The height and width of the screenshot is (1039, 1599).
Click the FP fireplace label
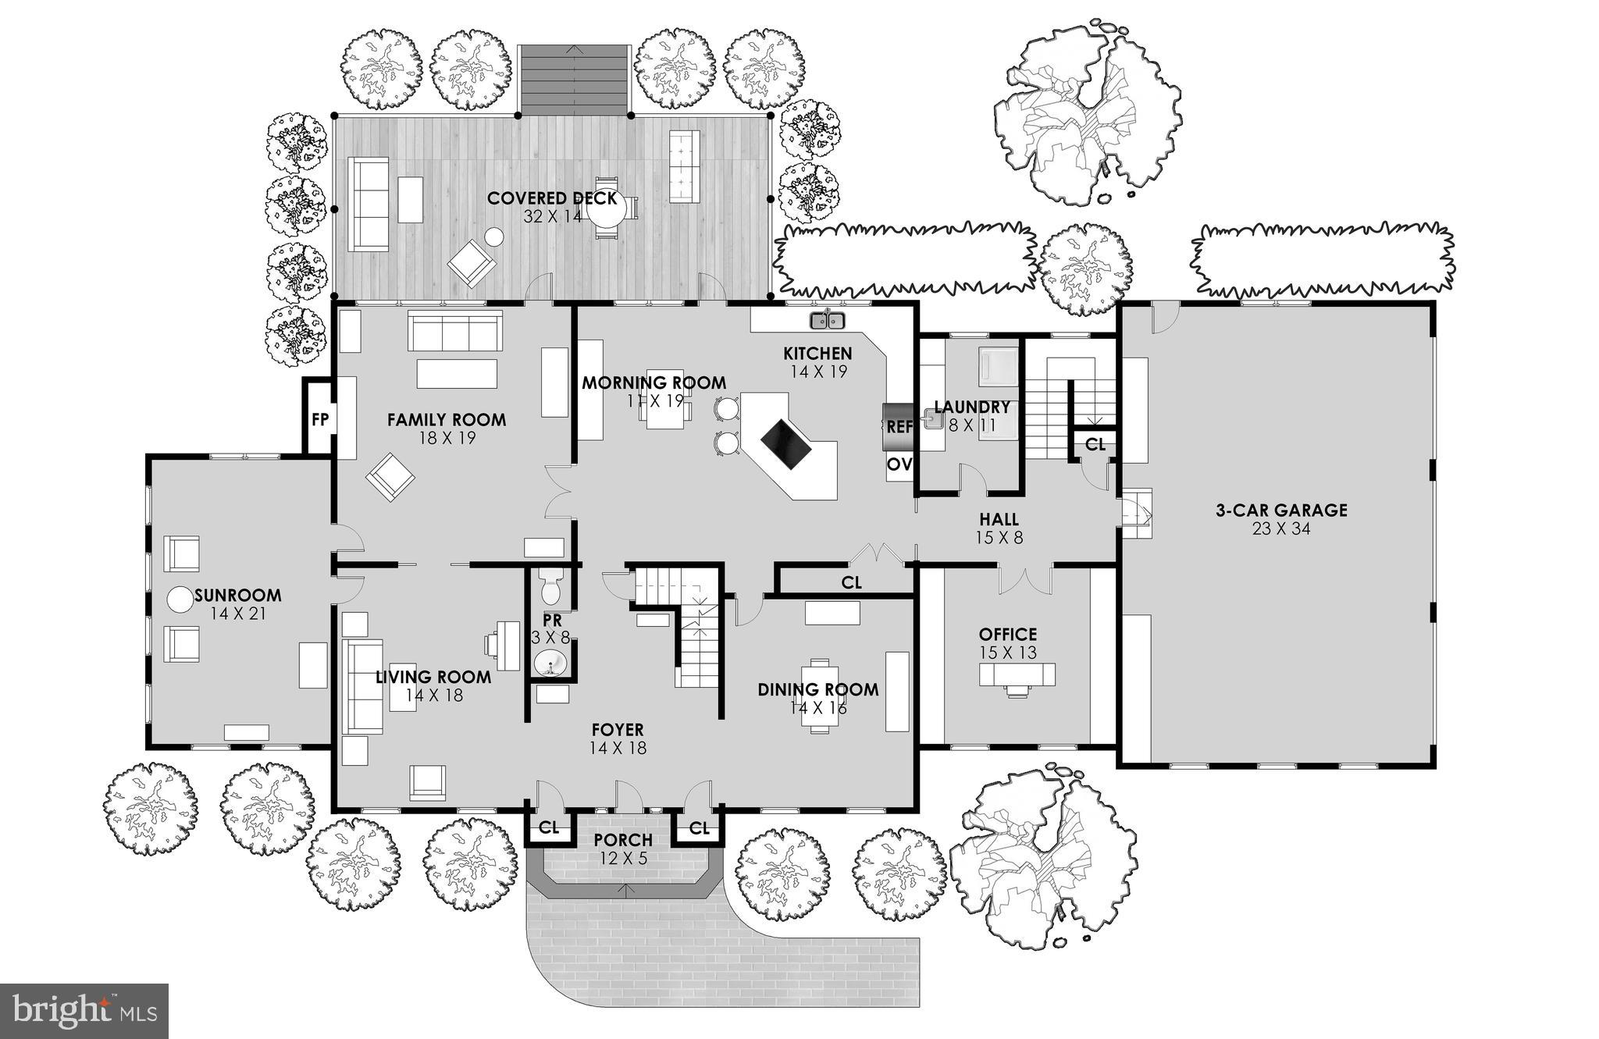pos(319,420)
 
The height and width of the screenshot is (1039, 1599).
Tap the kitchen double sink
pos(827,319)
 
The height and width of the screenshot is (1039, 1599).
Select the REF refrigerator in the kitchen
pos(899,428)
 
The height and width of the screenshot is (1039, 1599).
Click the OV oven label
pos(899,465)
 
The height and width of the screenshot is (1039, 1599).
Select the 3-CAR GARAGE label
pos(1280,511)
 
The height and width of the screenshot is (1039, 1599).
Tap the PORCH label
pos(622,841)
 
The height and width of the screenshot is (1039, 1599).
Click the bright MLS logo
pos(84,1010)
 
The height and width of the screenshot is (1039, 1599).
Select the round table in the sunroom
pos(180,600)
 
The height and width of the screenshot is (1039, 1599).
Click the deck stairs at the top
pos(575,78)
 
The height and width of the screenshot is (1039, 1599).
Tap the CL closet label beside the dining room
pos(851,583)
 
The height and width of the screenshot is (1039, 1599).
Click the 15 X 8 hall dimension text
pos(999,538)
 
